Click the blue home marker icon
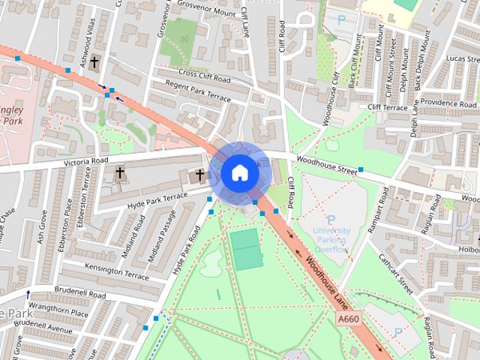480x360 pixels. (238, 173)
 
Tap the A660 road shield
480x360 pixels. (349, 319)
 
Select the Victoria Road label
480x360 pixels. (86, 160)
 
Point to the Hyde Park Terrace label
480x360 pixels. (158, 199)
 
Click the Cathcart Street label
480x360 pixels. (406, 276)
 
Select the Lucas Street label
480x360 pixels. (460, 58)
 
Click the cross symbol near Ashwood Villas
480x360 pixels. (94, 64)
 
